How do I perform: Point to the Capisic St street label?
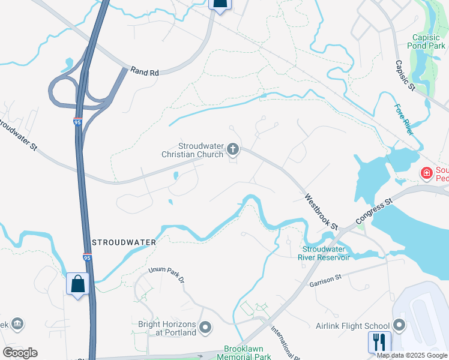[x=405, y=75]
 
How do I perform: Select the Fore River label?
[x=404, y=119]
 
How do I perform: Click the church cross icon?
[x=233, y=150]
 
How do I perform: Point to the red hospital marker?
[x=427, y=173]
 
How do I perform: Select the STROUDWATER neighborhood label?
[x=124, y=242]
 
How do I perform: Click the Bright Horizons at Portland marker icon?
[x=206, y=328]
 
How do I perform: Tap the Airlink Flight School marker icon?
[x=399, y=326]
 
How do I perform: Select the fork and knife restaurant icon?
[x=379, y=341]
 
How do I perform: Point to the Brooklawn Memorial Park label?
[x=247, y=352]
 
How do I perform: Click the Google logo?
[x=20, y=353]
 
